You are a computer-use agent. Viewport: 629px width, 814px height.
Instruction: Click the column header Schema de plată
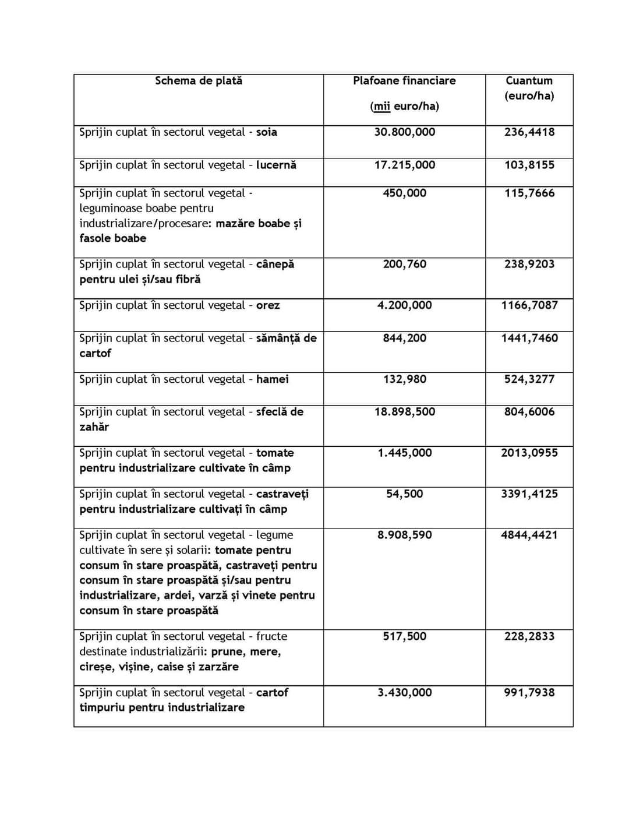199,81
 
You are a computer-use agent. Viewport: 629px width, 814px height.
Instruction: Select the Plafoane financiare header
404,81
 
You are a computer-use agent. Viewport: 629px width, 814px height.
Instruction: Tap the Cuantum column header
529,81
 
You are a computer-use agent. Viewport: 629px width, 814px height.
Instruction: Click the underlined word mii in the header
381,106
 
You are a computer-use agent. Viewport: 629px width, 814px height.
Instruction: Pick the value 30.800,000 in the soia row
404,132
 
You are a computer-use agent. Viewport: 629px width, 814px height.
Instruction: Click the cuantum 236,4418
529,132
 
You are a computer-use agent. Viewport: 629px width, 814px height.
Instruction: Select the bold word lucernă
276,165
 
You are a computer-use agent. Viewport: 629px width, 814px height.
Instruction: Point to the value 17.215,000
404,165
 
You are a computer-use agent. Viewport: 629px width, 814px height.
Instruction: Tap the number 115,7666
529,193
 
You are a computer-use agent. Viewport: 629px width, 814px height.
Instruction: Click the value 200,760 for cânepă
404,265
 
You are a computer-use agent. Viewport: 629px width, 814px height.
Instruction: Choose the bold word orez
268,305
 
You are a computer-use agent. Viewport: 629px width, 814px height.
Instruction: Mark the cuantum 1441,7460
529,339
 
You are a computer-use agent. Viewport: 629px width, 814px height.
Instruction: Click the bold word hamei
273,379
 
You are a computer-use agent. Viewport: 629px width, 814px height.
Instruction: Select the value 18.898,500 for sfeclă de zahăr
404,412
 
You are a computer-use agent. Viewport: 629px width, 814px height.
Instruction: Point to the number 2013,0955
529,453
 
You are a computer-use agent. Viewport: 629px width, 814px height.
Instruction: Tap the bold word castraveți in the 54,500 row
282,494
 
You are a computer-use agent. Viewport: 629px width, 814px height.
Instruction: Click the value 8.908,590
404,535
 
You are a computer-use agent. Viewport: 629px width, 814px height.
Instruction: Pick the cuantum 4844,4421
529,535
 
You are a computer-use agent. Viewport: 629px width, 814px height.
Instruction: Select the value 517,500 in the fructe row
404,636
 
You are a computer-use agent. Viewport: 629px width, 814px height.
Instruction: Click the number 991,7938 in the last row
529,693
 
